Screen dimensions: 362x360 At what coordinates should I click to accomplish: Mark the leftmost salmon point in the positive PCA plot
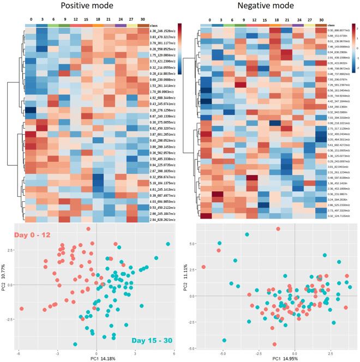[x=21, y=309]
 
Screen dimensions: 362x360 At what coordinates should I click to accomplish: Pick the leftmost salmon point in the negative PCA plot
[x=203, y=267]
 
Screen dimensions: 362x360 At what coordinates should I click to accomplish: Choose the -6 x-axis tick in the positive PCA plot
[x=20, y=353]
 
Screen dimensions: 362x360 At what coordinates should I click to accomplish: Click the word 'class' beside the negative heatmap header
[x=332, y=25]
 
